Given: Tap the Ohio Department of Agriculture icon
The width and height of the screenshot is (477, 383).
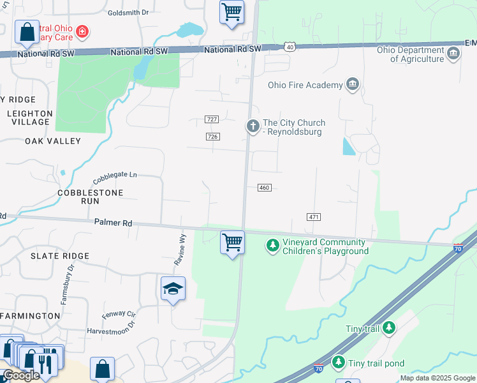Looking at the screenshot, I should (x=453, y=53).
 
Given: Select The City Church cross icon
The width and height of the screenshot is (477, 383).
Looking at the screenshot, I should (x=253, y=126).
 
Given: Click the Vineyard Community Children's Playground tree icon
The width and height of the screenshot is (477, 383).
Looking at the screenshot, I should (x=273, y=246).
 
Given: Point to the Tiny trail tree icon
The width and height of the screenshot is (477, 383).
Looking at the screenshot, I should (x=388, y=328).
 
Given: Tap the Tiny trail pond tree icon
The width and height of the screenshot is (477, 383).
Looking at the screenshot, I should (x=339, y=363).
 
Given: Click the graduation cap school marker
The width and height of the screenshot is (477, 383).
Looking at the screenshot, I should (x=173, y=289).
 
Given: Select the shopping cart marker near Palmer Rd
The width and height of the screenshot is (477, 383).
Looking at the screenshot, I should (x=233, y=243).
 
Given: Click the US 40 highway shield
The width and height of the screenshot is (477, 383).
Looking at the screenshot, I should (x=290, y=47).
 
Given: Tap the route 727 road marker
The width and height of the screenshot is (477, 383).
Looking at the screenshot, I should (x=213, y=119).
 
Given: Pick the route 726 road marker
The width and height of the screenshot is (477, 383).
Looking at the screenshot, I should (x=213, y=137).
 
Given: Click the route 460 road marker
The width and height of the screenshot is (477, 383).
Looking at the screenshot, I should (x=265, y=188).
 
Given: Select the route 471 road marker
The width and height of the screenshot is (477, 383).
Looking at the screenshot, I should (x=313, y=217).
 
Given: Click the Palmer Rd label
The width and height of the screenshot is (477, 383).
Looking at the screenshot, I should (x=113, y=223).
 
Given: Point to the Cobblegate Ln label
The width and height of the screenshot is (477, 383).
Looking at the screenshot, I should (x=115, y=176).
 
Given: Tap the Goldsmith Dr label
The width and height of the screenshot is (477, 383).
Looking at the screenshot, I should (x=128, y=12).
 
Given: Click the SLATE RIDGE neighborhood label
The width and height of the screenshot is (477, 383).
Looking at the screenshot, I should (x=60, y=256).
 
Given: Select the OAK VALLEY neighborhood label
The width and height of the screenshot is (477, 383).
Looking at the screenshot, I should (x=53, y=141).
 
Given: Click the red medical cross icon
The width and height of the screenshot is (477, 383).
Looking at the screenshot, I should (x=82, y=31).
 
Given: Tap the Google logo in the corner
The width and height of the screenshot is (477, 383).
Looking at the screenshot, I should (x=20, y=375).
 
